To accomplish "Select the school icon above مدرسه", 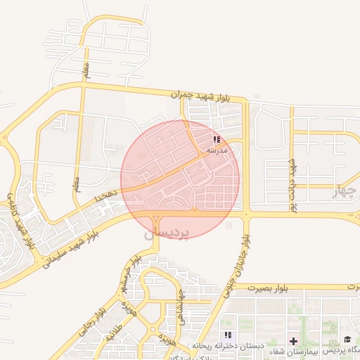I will pyautogui.click(x=217, y=140).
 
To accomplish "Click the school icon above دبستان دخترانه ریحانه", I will pyautogui.click(x=227, y=335).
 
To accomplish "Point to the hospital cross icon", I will pyautogui.click(x=293, y=340).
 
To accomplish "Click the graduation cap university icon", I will pyautogui.click(x=347, y=340).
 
